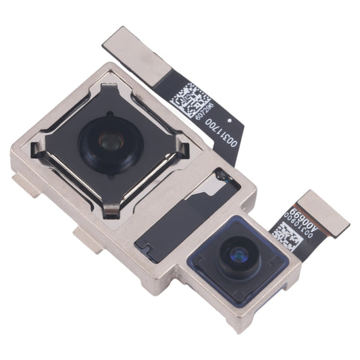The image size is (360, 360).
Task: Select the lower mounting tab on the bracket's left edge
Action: pyautogui.click(x=84, y=238)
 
